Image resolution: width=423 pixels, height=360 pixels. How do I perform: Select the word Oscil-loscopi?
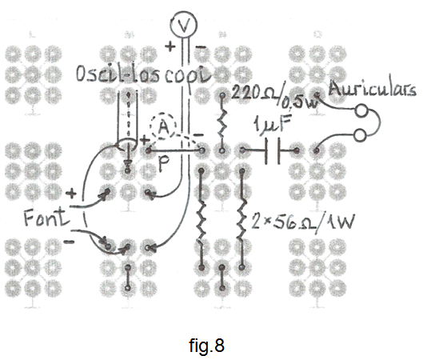[x=143, y=74]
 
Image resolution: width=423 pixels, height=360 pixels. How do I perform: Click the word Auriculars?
[x=373, y=89]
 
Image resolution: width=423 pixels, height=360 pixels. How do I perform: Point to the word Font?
[x=46, y=217]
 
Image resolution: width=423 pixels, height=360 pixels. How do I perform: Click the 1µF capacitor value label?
[x=273, y=123]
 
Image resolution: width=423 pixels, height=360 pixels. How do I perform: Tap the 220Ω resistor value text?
[x=253, y=92]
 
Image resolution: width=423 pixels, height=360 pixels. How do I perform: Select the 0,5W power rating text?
[x=299, y=103]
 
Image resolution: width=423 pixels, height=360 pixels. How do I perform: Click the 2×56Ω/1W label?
[x=302, y=222]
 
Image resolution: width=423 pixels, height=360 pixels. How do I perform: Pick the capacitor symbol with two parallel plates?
[x=273, y=150]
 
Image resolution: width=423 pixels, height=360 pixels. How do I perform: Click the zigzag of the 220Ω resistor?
[x=222, y=124]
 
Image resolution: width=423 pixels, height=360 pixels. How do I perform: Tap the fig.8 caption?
[x=206, y=345]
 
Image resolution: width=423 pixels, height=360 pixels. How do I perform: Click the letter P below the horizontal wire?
[x=164, y=164]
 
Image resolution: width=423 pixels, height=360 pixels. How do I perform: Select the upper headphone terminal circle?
[x=361, y=111]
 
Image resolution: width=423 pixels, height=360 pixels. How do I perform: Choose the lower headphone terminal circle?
[x=360, y=136]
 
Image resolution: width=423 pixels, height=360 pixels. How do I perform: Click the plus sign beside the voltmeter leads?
[x=170, y=46]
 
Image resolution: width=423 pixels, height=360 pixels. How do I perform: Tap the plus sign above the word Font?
[x=71, y=194]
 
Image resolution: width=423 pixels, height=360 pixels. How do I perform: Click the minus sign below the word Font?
[x=69, y=242]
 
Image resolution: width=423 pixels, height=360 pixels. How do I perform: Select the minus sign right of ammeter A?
[x=199, y=135]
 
